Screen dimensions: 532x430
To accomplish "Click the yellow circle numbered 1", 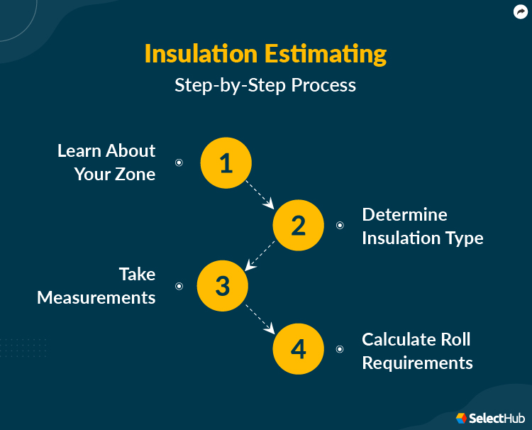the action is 226,163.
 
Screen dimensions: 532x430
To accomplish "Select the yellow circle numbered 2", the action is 298,226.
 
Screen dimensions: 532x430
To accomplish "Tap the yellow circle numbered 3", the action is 223,286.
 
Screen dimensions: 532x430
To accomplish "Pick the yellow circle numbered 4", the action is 298,349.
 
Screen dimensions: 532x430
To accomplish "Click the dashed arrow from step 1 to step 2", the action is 260,195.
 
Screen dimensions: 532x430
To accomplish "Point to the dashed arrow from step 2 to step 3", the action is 260,256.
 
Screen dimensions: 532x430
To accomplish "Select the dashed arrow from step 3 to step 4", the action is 260,319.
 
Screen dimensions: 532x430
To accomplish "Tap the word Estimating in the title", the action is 326,55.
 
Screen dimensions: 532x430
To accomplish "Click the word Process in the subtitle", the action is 323,85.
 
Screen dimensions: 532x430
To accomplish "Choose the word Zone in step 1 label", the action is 135,174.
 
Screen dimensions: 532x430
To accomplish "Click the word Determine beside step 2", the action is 404,214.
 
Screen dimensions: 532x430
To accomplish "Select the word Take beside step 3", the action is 137,274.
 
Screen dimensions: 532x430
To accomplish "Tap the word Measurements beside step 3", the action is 96,297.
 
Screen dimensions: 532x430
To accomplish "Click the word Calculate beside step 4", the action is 399,339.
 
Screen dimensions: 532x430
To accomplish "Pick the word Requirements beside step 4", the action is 417,363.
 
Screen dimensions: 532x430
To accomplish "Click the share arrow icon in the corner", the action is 521,12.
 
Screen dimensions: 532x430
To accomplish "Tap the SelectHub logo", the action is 490,419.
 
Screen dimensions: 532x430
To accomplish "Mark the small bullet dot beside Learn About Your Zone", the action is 179,162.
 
